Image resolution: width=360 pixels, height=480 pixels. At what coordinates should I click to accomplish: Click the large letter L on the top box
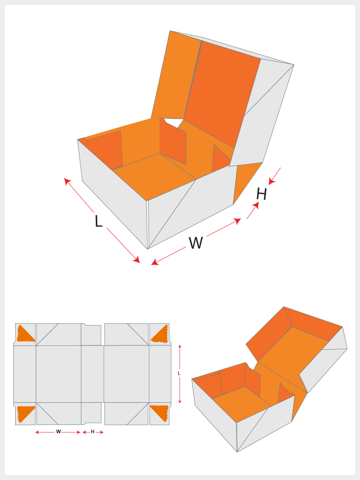pyautogui.click(x=98, y=221)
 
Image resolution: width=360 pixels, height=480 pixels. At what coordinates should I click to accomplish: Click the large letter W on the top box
pyautogui.click(x=196, y=243)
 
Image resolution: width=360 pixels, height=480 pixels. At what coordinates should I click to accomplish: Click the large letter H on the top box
pyautogui.click(x=261, y=194)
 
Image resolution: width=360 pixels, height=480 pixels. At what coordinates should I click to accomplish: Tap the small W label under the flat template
pyautogui.click(x=58, y=432)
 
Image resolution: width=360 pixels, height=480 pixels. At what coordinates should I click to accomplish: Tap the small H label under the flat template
pyautogui.click(x=93, y=432)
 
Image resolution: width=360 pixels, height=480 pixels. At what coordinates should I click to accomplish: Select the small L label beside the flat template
pyautogui.click(x=179, y=373)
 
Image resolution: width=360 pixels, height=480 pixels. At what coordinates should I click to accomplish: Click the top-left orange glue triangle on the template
pyautogui.click(x=25, y=334)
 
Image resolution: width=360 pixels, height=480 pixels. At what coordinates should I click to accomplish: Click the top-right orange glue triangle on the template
pyautogui.click(x=160, y=335)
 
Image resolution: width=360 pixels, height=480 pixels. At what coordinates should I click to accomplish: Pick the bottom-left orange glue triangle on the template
pyautogui.click(x=25, y=413)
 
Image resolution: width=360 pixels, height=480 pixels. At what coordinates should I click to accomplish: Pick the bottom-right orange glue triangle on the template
pyautogui.click(x=160, y=413)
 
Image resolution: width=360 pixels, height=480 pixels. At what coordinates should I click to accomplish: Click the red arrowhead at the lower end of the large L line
pyautogui.click(x=137, y=260)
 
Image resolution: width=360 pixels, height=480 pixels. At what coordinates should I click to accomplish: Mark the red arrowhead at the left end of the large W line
pyautogui.click(x=154, y=262)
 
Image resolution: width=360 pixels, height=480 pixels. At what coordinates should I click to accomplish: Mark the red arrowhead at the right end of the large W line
pyautogui.click(x=237, y=220)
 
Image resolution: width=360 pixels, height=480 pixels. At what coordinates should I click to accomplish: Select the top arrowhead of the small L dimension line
pyautogui.click(x=180, y=347)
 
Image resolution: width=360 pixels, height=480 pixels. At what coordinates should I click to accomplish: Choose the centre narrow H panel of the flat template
pyautogui.click(x=92, y=374)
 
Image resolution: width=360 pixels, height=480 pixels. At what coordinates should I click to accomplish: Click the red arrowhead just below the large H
pyautogui.click(x=256, y=205)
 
